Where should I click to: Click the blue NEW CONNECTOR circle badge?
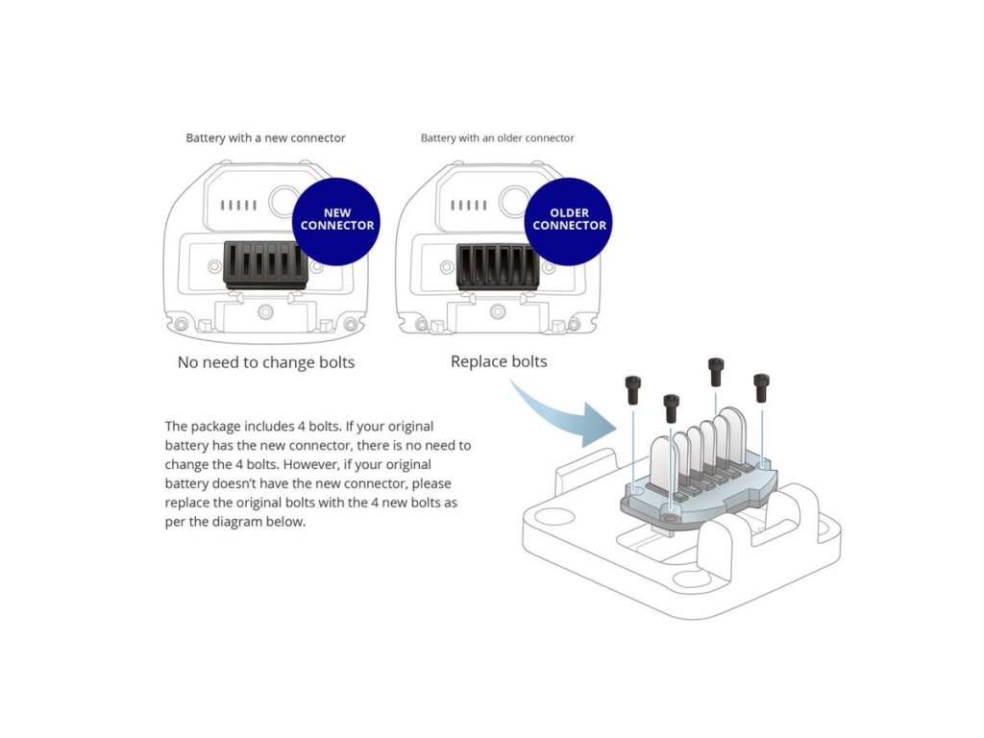click(336, 221)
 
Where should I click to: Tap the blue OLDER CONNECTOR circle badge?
click(569, 221)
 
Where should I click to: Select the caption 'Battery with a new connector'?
click(265, 138)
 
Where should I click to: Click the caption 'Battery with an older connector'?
click(497, 138)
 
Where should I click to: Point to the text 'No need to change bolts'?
click(266, 362)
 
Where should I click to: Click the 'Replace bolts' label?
click(499, 361)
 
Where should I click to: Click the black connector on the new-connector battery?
click(265, 265)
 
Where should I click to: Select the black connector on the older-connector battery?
click(497, 267)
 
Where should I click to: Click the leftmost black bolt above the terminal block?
click(633, 390)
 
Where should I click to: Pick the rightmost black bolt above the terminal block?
click(761, 388)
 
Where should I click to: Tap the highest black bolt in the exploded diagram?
click(715, 372)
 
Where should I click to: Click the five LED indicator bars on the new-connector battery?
click(238, 206)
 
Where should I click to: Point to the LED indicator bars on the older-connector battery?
click(469, 206)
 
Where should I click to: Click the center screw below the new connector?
click(265, 311)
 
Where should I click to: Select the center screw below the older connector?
click(498, 310)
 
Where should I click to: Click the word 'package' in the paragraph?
click(215, 428)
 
